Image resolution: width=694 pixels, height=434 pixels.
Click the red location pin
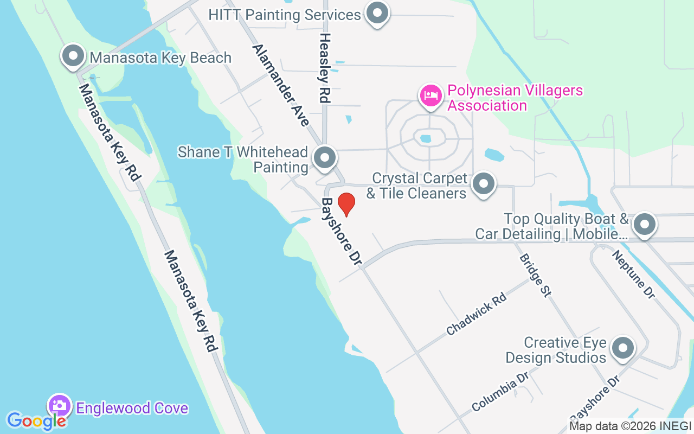pyautogui.click(x=346, y=204)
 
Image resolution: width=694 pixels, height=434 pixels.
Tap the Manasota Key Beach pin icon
pyautogui.click(x=73, y=56)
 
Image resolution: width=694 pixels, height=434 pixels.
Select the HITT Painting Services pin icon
pyautogui.click(x=377, y=13)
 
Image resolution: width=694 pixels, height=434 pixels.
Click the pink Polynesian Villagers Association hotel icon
pyautogui.click(x=430, y=95)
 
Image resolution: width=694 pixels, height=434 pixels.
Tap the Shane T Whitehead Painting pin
pyautogui.click(x=325, y=158)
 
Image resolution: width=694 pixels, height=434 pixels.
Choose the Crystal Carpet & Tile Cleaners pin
pyautogui.click(x=483, y=184)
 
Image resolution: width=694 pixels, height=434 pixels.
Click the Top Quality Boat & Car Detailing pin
pyautogui.click(x=644, y=224)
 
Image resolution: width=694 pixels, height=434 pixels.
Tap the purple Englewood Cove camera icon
pyautogui.click(x=60, y=405)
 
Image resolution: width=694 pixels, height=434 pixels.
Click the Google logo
pyautogui.click(x=37, y=420)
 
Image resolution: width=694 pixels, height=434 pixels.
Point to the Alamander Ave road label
pyautogui.click(x=280, y=85)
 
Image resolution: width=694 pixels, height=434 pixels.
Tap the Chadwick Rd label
pyautogui.click(x=476, y=314)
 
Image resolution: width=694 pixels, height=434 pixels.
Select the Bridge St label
pyautogui.click(x=535, y=275)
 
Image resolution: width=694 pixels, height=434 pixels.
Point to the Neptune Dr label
pyautogui.click(x=633, y=274)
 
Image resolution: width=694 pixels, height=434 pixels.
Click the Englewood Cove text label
pyautogui.click(x=132, y=408)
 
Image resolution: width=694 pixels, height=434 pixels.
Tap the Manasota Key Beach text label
pyautogui.click(x=160, y=58)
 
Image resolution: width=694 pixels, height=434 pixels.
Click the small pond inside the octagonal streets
pyautogui.click(x=426, y=139)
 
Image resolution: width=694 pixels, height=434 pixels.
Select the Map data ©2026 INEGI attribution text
pyautogui.click(x=629, y=426)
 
